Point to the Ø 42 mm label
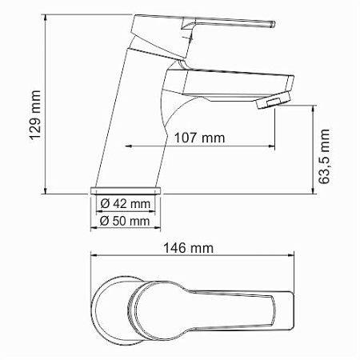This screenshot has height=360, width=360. point(127,205)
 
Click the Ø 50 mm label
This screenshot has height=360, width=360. point(126,219)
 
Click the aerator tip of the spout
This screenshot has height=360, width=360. point(272,102)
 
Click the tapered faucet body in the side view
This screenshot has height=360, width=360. point(136,120)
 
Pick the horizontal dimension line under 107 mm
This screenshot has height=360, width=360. point(200,147)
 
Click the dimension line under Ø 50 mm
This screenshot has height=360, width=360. point(126,228)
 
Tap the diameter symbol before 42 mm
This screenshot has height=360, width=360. point(106,205)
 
